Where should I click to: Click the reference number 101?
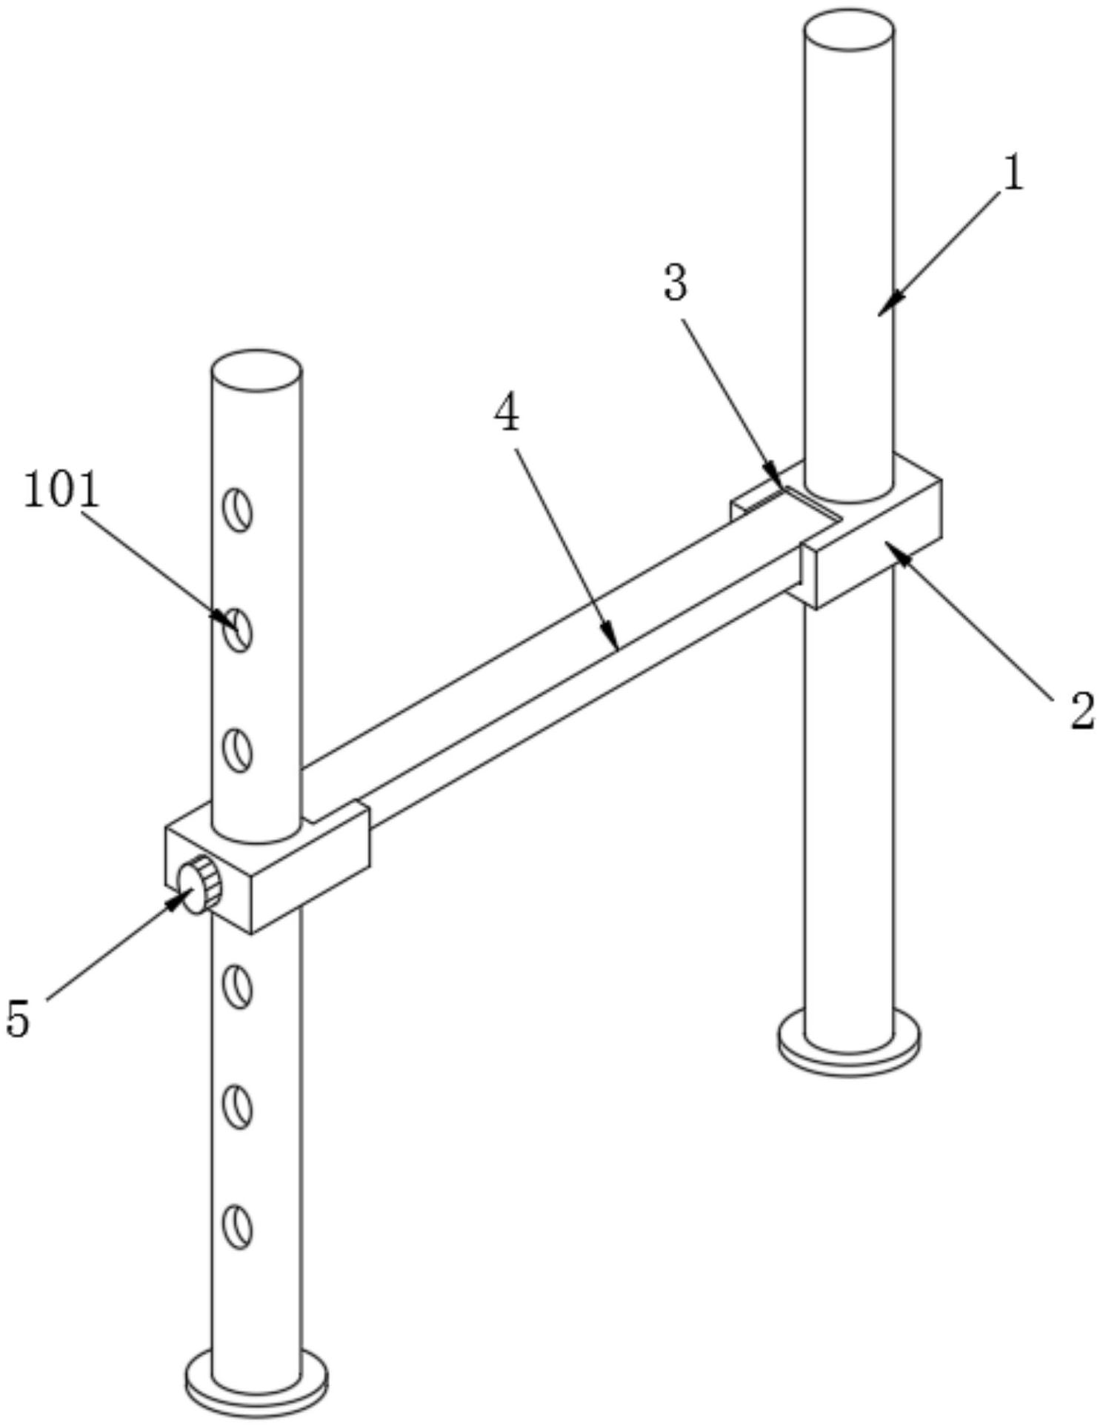(61, 490)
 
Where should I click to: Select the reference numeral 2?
(1082, 711)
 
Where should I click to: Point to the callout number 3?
(675, 283)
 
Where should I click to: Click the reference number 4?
(507, 415)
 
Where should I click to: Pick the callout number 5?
(18, 1018)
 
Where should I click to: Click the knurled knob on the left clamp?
(201, 884)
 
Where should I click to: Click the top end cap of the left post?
(256, 370)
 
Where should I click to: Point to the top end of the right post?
(848, 30)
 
